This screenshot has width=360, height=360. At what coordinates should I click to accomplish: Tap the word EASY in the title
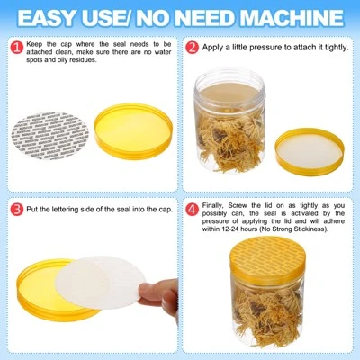pyautogui.click(x=56, y=16)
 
